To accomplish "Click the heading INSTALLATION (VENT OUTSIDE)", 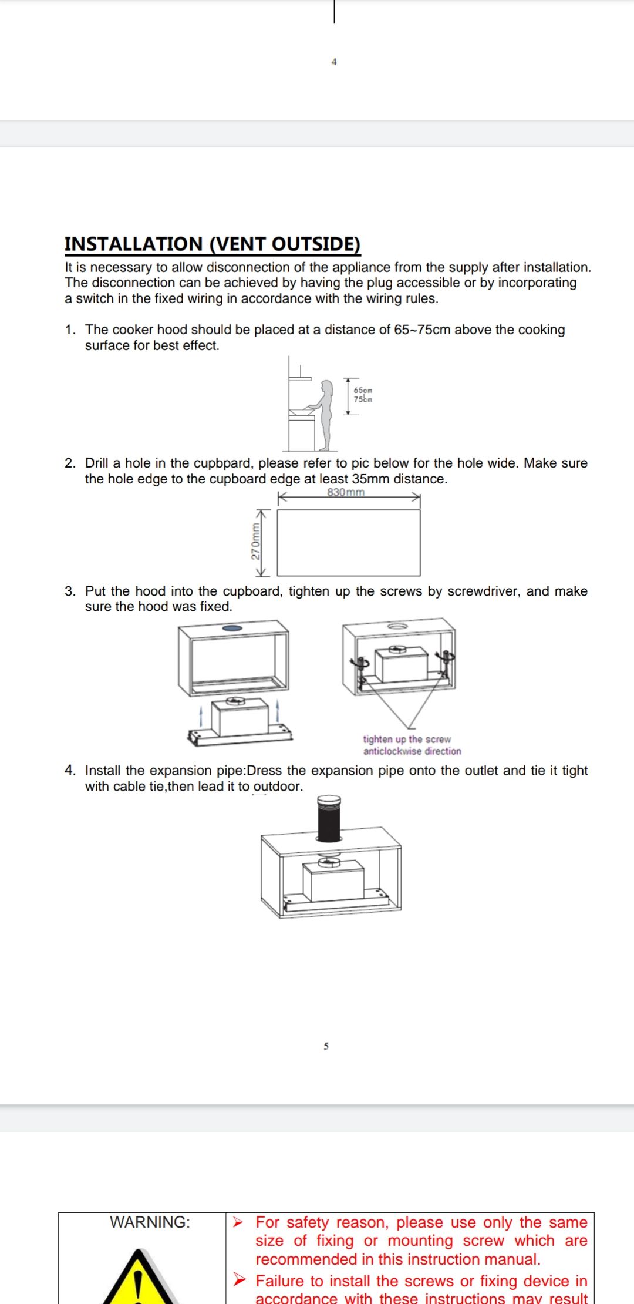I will coord(212,244).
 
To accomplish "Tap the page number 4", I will coord(334,62).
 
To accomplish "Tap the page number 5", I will coord(326,1046).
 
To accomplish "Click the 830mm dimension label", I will coord(346,492).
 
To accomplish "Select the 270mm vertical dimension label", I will coord(255,542).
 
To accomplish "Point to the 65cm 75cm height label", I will coord(363,395).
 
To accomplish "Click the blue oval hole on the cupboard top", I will coord(232,628).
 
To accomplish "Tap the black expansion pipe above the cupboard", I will coord(329,819).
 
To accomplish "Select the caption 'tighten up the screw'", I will coord(407,740).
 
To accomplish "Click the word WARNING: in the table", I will coord(150,1222).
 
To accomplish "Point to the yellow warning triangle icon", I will coord(139,1281).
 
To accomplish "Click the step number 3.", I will coord(70,591).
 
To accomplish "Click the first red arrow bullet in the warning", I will coord(238,1222).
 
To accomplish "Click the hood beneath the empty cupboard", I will coord(240,720).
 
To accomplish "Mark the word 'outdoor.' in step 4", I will coord(278,787).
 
